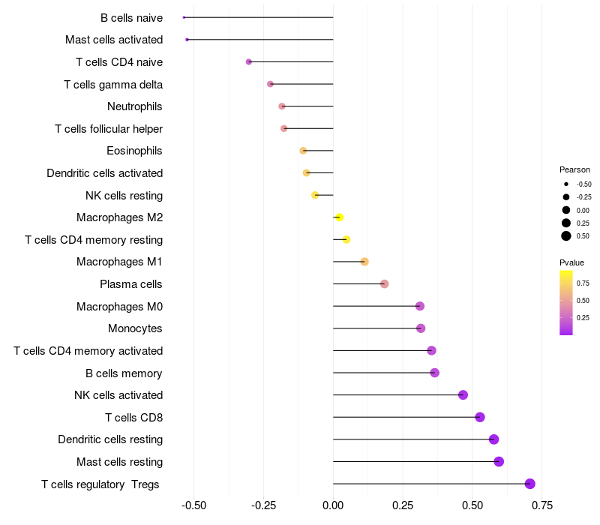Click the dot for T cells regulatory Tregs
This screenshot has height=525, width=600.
pos(530,484)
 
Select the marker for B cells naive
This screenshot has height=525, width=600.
pos(184,17)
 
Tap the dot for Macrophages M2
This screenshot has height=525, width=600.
pos(339,217)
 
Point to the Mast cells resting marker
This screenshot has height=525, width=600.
pos(499,462)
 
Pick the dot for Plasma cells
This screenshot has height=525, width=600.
pos(385,284)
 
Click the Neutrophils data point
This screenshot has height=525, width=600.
pos(282,106)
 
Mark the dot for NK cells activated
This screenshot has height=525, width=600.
pos(463,395)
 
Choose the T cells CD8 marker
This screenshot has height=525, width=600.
pos(480,418)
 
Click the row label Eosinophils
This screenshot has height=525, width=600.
pos(134,151)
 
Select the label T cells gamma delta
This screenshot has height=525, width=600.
pos(113,85)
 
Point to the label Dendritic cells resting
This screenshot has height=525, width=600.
pos(110,439)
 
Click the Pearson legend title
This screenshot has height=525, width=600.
pos(574,169)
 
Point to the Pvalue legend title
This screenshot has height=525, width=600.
pos(571,262)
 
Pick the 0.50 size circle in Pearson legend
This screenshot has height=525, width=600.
pos(566,236)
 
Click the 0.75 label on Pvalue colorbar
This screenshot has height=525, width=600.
pos(583,283)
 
